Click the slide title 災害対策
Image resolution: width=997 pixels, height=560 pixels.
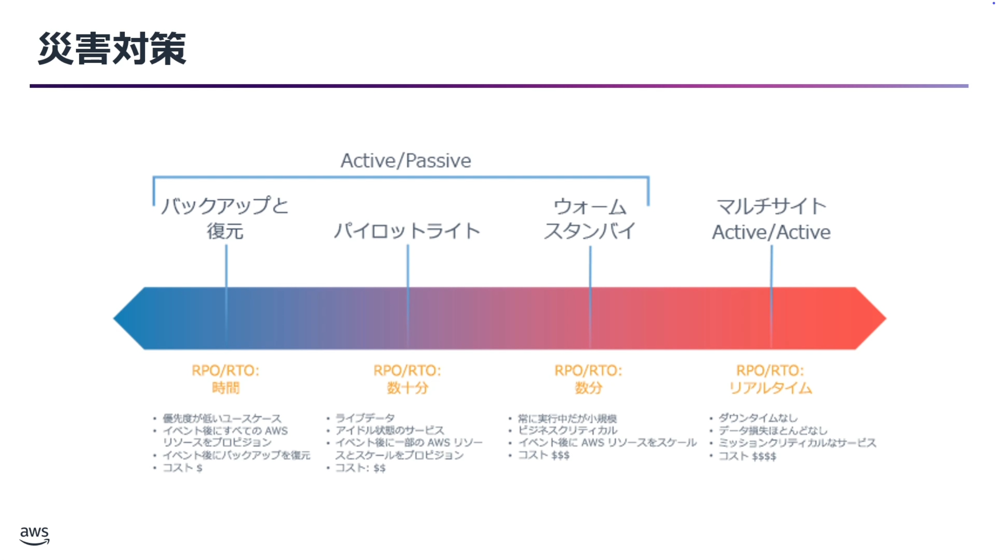click(x=112, y=49)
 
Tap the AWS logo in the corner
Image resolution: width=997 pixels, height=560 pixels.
click(x=34, y=536)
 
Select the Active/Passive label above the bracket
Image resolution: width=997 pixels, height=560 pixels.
click(x=406, y=161)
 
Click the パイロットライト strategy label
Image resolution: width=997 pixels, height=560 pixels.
click(x=407, y=231)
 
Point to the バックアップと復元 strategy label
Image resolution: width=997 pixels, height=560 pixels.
click(x=225, y=218)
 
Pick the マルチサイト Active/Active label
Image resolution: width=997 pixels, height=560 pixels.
click(x=771, y=219)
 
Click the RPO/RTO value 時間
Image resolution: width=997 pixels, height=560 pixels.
click(x=226, y=388)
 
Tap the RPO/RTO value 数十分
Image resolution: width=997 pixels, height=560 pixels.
click(x=407, y=388)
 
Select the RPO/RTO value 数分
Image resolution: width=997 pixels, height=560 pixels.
click(x=588, y=388)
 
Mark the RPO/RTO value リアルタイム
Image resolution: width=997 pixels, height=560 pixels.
click(x=770, y=388)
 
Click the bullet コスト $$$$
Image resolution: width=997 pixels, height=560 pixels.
click(x=747, y=456)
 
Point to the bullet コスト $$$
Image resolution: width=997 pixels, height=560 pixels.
click(x=543, y=455)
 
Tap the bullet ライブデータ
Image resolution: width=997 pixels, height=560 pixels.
click(x=365, y=418)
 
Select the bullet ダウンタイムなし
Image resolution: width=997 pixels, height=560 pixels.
click(x=758, y=418)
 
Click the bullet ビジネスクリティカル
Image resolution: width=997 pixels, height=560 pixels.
click(x=568, y=430)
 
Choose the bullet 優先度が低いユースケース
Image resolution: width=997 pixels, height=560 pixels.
click(x=222, y=419)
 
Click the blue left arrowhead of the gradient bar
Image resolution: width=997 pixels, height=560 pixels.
click(x=129, y=318)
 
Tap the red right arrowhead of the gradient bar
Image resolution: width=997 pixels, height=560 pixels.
click(x=871, y=318)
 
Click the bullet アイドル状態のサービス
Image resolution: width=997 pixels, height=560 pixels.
click(x=390, y=430)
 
